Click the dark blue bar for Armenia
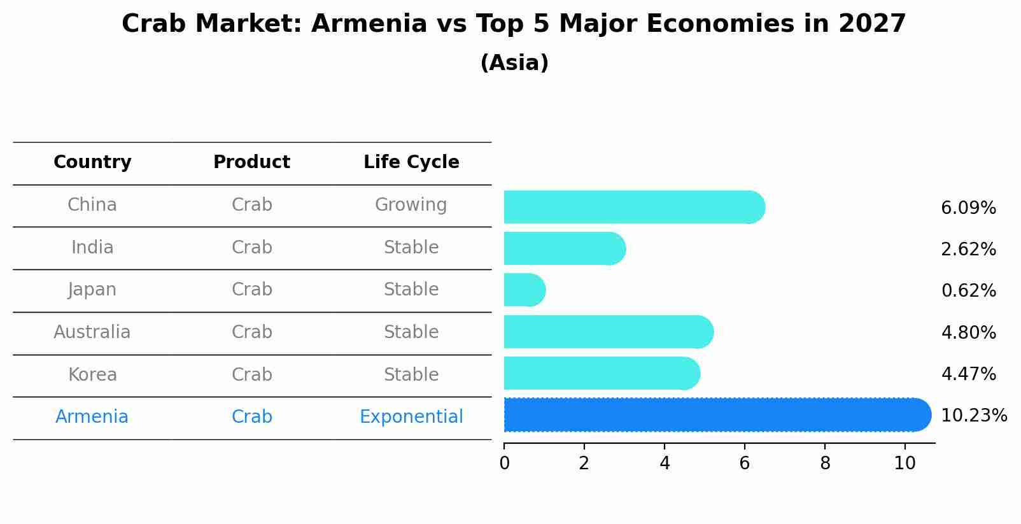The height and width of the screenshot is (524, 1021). (717, 414)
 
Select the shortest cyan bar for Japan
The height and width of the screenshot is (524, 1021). (525, 290)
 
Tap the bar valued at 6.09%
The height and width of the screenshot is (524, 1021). (635, 207)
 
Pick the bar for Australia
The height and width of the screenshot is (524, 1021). (609, 332)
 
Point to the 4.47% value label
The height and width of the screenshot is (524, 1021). (968, 374)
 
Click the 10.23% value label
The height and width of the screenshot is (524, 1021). (974, 416)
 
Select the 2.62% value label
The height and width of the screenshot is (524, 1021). (968, 250)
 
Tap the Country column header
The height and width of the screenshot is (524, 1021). (92, 162)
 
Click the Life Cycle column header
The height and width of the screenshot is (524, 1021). (411, 162)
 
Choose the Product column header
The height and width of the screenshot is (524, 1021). (251, 162)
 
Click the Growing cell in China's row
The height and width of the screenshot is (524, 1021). (411, 205)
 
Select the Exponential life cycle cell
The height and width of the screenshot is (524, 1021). (411, 417)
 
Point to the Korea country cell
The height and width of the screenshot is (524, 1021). (92, 374)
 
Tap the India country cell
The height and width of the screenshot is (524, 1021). (92, 247)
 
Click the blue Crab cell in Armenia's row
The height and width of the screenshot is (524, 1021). (251, 417)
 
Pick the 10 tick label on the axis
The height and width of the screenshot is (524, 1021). (905, 464)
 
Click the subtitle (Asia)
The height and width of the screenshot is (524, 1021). (514, 62)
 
